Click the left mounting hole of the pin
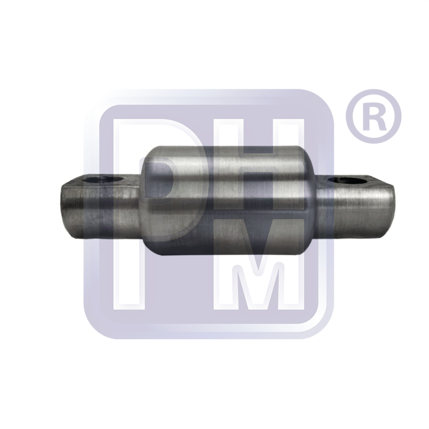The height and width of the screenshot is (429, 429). point(103,180)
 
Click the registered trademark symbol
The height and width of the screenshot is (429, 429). point(374,116)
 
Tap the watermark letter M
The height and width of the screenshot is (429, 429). point(257,263)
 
